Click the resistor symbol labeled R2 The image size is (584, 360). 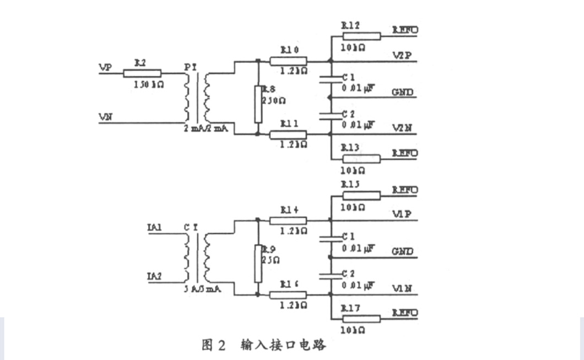(142, 73)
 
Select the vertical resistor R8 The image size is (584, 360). (257, 104)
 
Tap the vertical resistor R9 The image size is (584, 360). (257, 264)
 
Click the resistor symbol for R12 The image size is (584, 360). (361, 36)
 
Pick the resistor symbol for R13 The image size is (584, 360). (361, 159)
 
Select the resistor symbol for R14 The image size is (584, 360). (288, 221)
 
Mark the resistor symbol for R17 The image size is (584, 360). (361, 319)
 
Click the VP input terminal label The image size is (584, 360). (105, 67)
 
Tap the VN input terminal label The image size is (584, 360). (105, 117)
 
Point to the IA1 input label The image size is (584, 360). (154, 227)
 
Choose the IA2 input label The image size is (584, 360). (154, 276)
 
